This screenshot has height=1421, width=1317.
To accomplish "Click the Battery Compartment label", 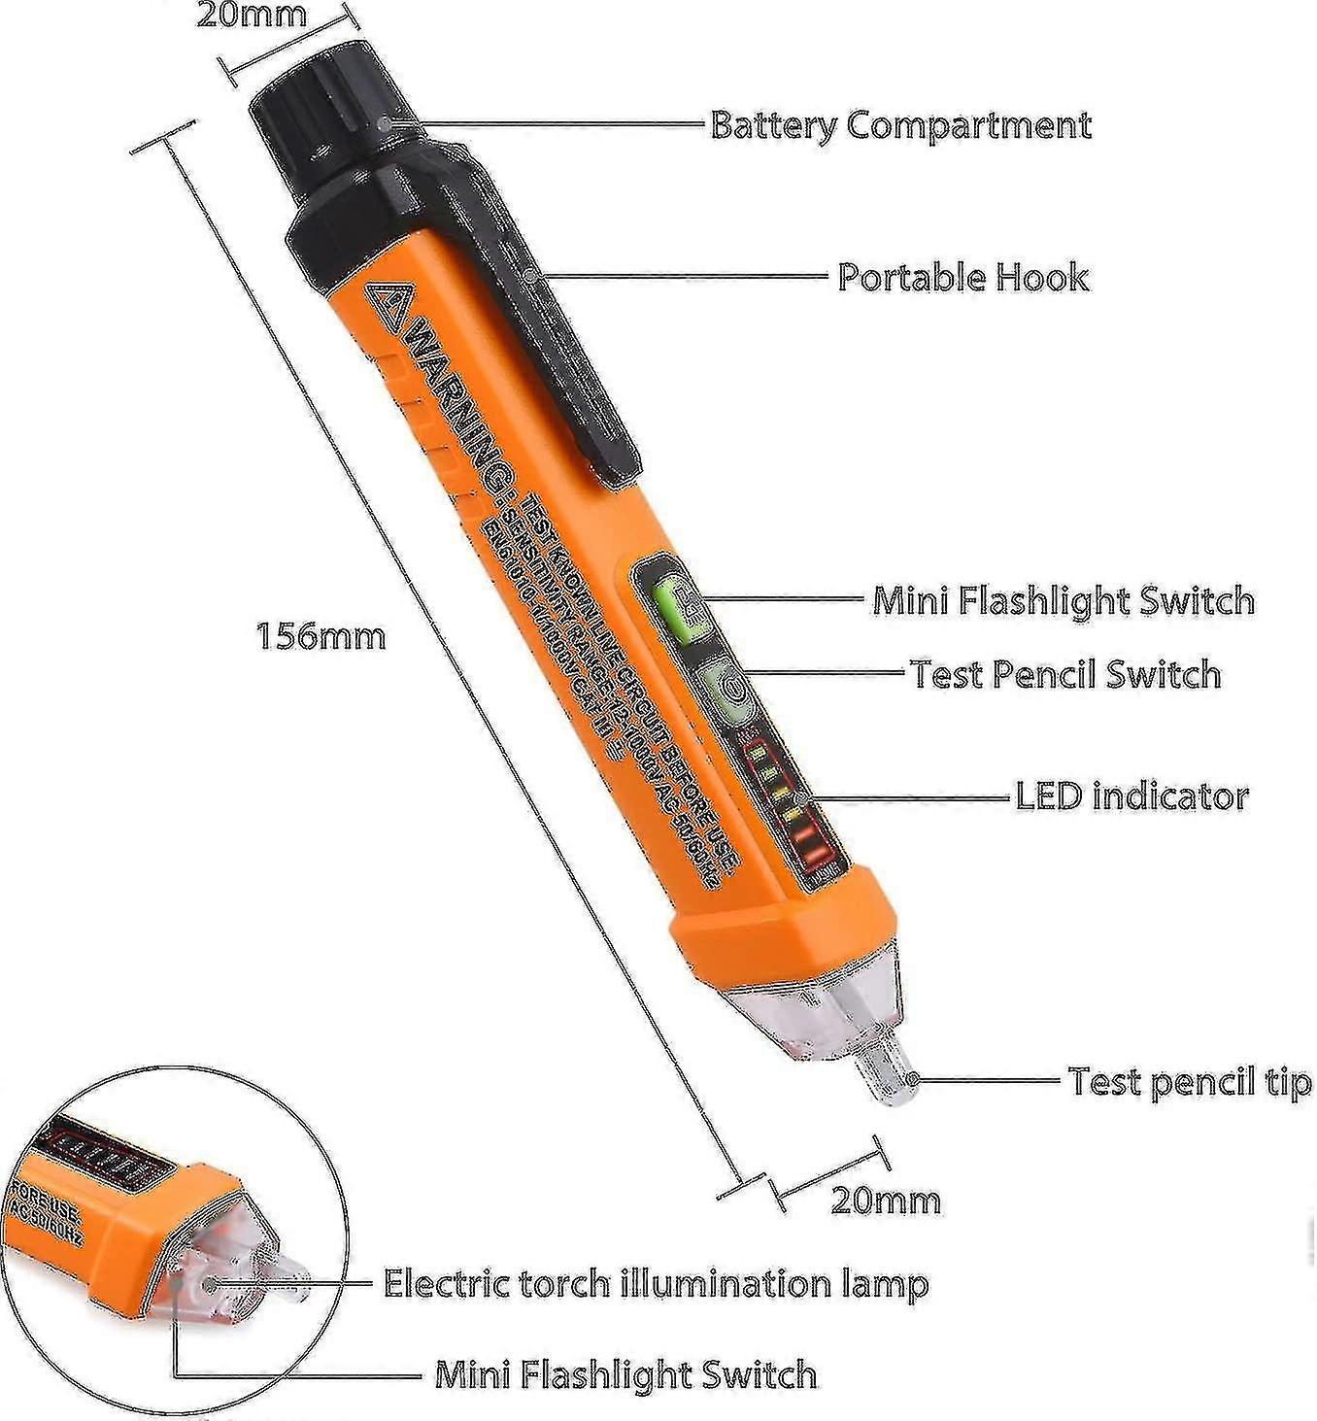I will (900, 125).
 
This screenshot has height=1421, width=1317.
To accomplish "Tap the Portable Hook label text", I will (962, 277).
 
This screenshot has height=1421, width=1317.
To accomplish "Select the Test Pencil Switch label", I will (1065, 674).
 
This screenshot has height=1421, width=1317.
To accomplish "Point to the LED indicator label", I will (1131, 796).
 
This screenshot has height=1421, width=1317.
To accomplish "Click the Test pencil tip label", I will (1190, 1081).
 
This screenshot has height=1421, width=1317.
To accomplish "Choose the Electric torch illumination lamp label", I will (656, 1283).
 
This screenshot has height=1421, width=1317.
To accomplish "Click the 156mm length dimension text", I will (321, 636).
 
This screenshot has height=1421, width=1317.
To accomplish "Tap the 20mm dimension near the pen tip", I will (886, 1201).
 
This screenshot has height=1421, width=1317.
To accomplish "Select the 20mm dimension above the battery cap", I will (251, 15).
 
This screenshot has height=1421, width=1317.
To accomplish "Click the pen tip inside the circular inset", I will (287, 1272).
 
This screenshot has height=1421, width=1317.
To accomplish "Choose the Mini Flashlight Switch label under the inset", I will (625, 1374).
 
